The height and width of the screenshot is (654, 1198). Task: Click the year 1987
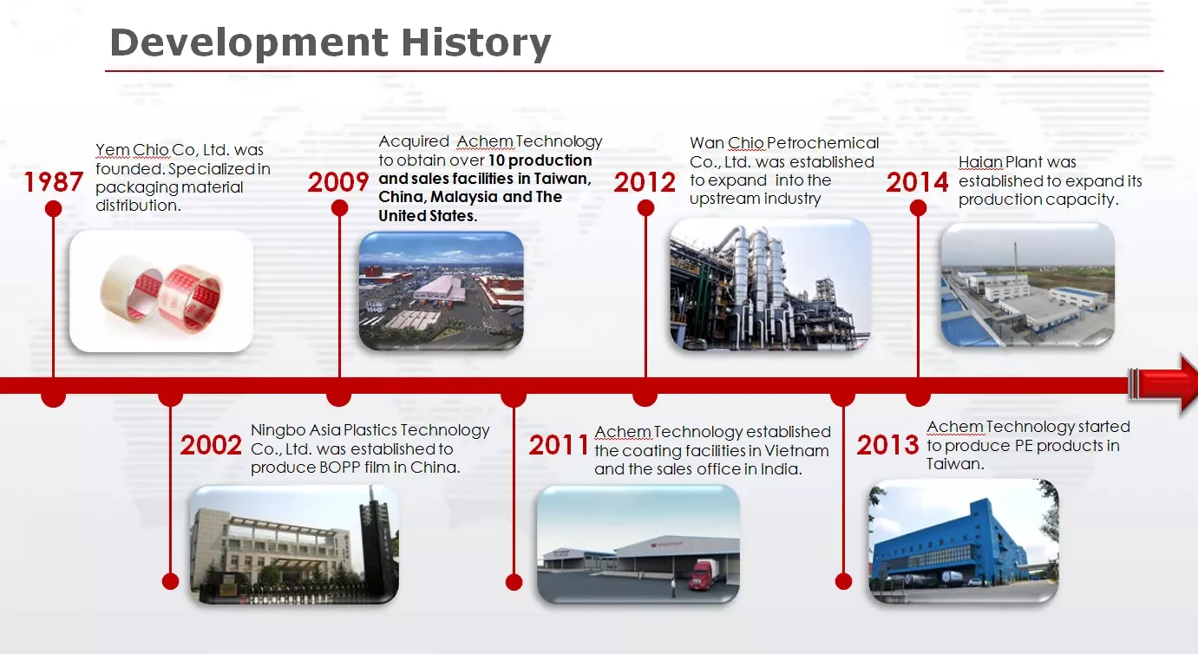tap(54, 182)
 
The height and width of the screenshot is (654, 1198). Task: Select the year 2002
tap(211, 446)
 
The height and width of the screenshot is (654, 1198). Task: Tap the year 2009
tap(338, 182)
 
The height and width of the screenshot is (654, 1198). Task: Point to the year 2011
tap(559, 446)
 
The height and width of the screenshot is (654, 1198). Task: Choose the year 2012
tap(645, 182)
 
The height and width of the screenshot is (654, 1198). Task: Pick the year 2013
tap(887, 445)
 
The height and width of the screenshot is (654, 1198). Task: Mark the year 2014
tap(917, 182)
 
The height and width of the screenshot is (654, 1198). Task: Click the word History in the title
tap(476, 43)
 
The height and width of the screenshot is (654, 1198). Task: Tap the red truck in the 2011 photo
tap(703, 575)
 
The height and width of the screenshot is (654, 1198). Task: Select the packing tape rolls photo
tap(161, 291)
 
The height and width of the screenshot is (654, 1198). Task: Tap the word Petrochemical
tap(822, 143)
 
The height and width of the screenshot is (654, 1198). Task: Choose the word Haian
tap(980, 162)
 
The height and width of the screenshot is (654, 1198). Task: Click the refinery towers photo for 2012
tap(770, 284)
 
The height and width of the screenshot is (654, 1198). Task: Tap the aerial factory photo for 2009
tap(442, 291)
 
